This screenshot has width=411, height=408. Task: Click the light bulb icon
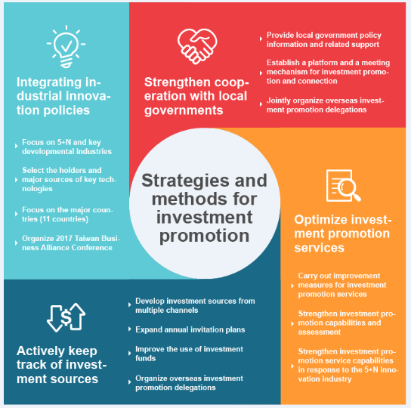[x=66, y=47]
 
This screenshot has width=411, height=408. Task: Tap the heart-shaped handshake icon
[x=197, y=46]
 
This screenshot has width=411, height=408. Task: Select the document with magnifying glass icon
[x=343, y=186]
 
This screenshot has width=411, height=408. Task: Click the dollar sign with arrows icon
[x=66, y=317]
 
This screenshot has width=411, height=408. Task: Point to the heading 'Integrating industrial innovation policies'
[x=63, y=96]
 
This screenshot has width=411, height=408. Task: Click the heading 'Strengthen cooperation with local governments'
[x=196, y=96]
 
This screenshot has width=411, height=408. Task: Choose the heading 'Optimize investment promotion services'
[x=343, y=233]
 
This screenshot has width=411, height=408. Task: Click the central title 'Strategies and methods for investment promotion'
[x=204, y=209]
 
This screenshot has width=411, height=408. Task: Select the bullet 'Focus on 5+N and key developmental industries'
[x=66, y=147]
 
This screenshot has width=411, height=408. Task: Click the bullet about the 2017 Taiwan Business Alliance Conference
[x=71, y=243]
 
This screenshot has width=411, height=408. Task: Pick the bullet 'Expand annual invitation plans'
[x=190, y=329]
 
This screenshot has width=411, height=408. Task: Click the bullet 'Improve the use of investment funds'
[x=189, y=354]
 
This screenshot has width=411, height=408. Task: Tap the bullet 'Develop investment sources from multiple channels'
[x=195, y=305]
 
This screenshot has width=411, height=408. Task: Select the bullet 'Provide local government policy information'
[x=324, y=39]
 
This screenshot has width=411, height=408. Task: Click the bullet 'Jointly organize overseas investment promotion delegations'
[x=326, y=105]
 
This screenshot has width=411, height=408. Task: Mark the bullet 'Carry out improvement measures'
[x=342, y=285]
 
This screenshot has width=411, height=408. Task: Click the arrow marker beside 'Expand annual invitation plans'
[x=129, y=329]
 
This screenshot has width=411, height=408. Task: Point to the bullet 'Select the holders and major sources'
[x=70, y=180]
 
